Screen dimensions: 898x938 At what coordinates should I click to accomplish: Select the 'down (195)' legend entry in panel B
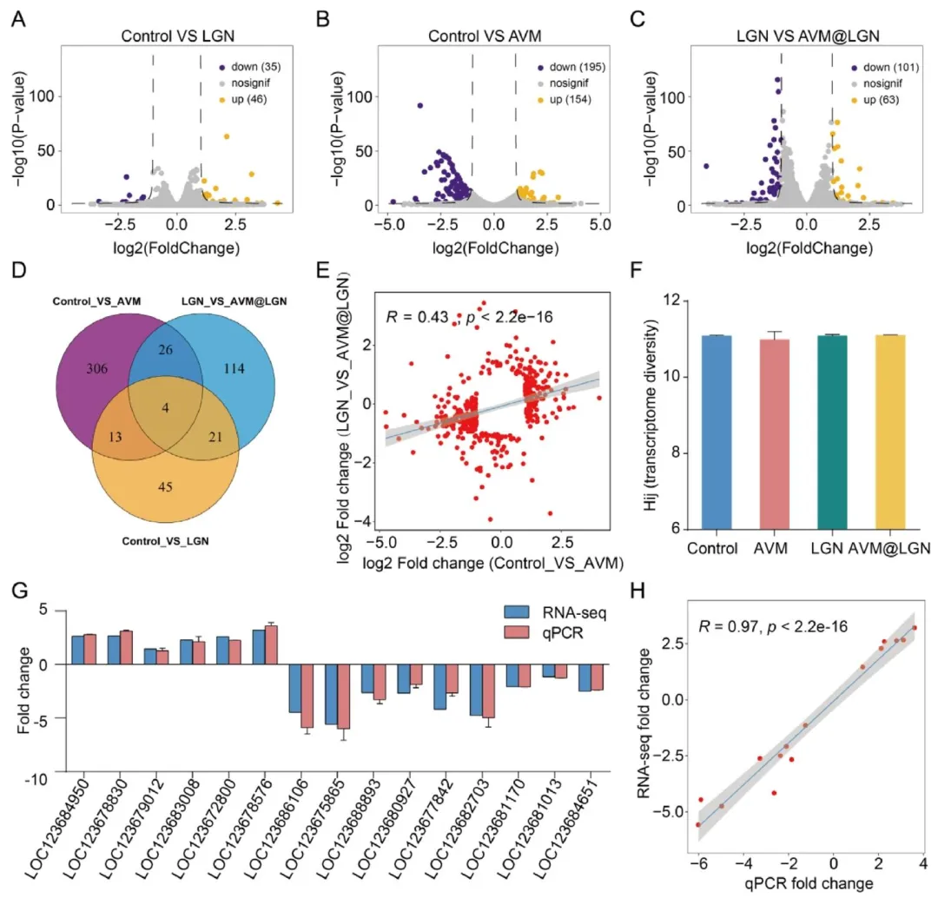point(571,67)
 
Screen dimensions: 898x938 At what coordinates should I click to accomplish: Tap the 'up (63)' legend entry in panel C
point(876,100)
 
